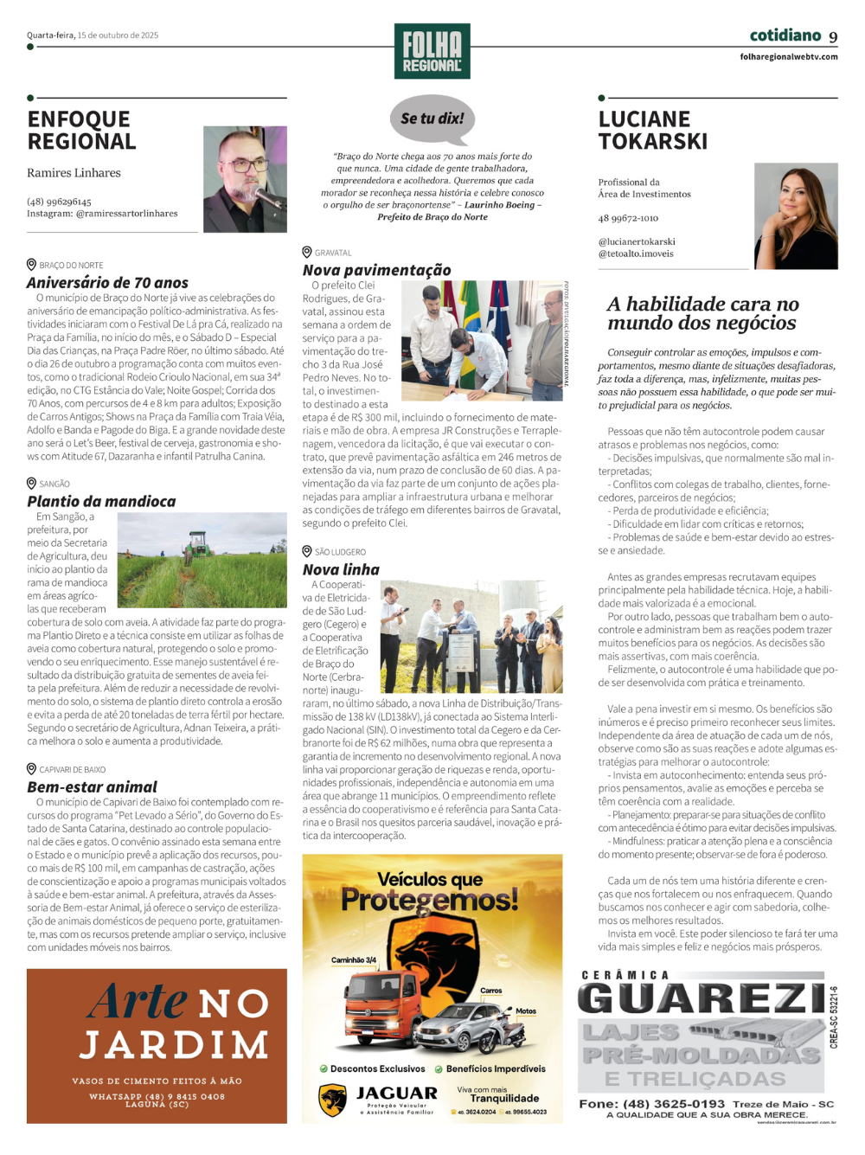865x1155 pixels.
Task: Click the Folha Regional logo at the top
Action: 432,51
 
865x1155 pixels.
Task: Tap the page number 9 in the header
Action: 833,37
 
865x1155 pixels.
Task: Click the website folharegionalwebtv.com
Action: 789,57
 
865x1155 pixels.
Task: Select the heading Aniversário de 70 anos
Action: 107,283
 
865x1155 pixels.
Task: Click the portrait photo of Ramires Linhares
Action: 245,179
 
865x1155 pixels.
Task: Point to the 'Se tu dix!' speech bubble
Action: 432,119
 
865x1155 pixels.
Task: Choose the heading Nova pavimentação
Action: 376,270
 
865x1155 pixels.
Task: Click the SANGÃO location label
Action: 54,484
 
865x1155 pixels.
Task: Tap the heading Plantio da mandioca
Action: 101,502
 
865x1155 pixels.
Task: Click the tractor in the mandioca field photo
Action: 198,544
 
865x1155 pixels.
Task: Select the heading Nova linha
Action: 341,570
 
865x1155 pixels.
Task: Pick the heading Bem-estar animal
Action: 92,787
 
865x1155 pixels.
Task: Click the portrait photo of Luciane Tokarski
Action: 796,216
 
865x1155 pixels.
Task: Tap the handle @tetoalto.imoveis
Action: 636,254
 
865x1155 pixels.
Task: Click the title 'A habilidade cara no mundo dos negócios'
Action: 702,313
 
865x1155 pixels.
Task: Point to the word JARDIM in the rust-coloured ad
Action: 174,1045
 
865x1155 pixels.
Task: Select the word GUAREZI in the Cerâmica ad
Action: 701,999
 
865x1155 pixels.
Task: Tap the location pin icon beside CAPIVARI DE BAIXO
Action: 31,769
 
